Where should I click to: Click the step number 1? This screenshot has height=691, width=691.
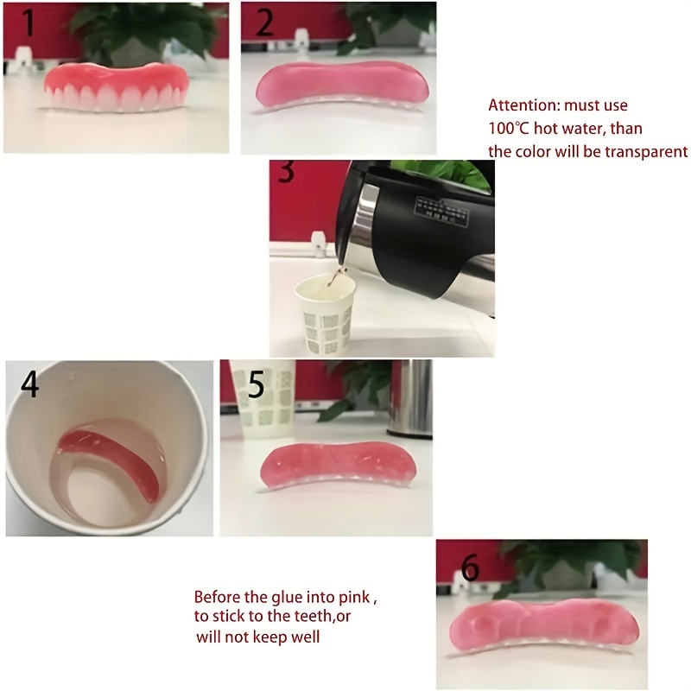pyautogui.click(x=29, y=22)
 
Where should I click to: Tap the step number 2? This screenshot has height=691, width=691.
pyautogui.click(x=264, y=22)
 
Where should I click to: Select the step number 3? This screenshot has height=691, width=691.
pyautogui.click(x=286, y=172)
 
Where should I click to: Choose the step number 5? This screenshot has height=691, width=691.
pyautogui.click(x=256, y=385)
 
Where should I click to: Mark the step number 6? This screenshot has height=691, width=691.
pyautogui.click(x=470, y=567)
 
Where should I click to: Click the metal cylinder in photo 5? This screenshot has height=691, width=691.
pyautogui.click(x=409, y=398)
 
